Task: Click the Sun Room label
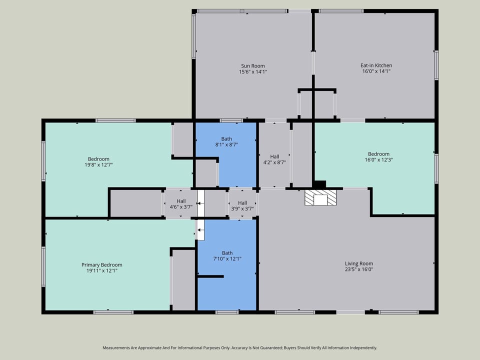(252, 65)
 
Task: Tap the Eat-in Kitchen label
(376, 65)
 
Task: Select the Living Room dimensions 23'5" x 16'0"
(358, 269)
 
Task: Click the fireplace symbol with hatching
(320, 198)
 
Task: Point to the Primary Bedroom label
(101, 265)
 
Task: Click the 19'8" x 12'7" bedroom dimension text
(98, 165)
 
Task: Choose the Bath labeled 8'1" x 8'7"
(226, 141)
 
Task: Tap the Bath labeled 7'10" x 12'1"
(227, 255)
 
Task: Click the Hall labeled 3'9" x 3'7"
(242, 205)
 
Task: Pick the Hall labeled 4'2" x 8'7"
(274, 159)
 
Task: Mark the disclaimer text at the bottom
(240, 347)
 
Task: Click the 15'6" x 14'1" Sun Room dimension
(252, 71)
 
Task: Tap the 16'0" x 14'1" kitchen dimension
(376, 71)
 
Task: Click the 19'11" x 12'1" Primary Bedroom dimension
(101, 271)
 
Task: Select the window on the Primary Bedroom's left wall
(43, 259)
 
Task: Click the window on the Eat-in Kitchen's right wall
(436, 65)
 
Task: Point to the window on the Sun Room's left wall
(193, 36)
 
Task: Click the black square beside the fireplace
(319, 184)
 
